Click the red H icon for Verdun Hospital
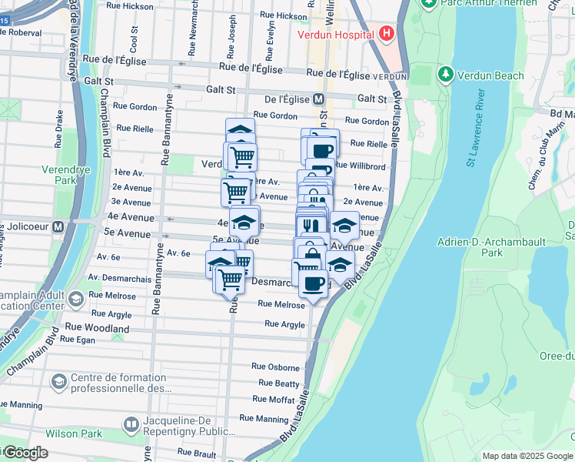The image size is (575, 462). point(386,34)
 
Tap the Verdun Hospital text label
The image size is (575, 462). point(337,35)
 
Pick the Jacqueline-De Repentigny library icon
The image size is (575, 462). point(131,424)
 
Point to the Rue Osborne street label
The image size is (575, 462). point(275,367)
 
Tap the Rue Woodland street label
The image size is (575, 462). point(97,329)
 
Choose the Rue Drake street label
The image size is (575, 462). point(58,129)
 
